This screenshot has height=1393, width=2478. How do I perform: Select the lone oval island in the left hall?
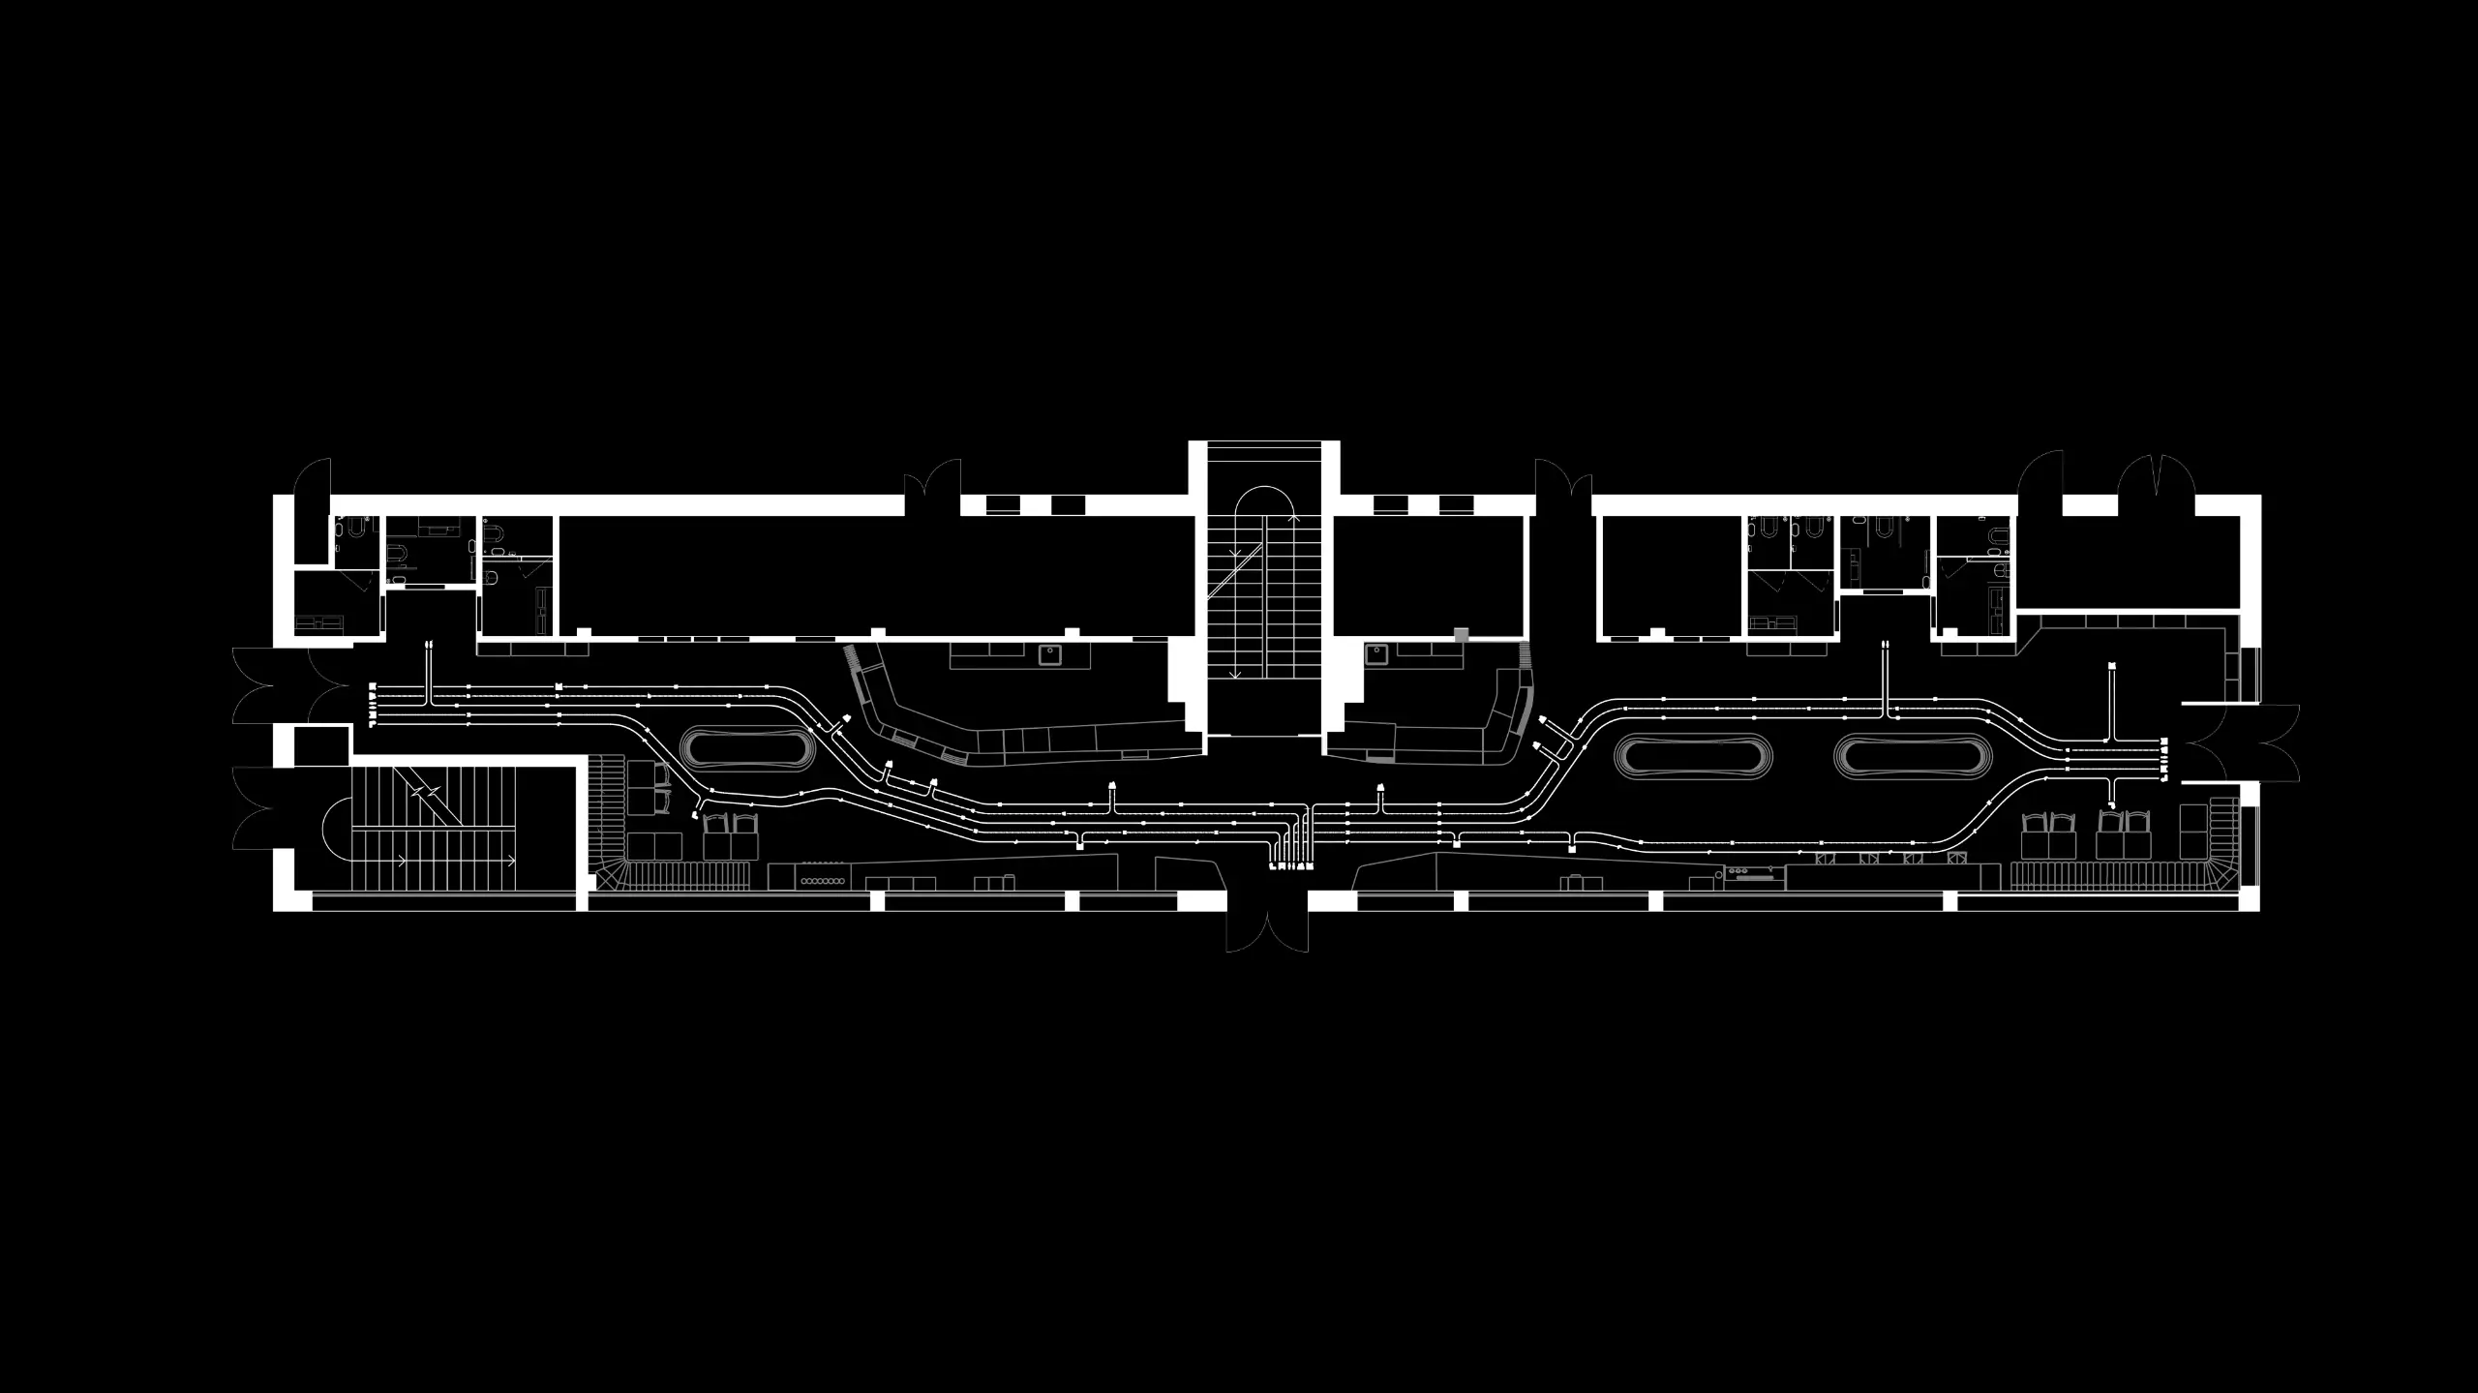pyautogui.click(x=745, y=749)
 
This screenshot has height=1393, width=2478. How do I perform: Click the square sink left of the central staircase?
pyautogui.click(x=1050, y=655)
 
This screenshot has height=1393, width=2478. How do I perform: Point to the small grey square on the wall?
pyautogui.click(x=1462, y=635)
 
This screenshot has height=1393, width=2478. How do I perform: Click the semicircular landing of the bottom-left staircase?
pyautogui.click(x=335, y=829)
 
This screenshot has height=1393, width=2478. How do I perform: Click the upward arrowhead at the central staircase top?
pyautogui.click(x=1294, y=519)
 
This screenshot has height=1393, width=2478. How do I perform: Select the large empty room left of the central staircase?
pyautogui.click(x=876, y=575)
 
